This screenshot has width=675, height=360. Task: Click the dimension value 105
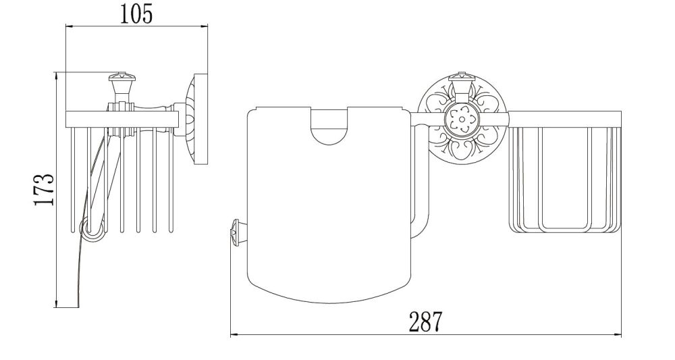click(x=136, y=14)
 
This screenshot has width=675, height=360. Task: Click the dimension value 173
click(x=45, y=190)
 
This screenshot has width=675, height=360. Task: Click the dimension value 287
click(x=425, y=322)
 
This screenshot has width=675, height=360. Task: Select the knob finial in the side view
click(x=122, y=86)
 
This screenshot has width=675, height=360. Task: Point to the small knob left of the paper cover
click(x=235, y=233)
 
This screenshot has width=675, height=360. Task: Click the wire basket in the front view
click(x=565, y=173)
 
